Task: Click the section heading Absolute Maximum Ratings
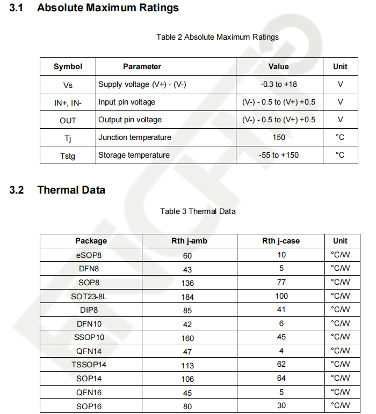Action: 108,8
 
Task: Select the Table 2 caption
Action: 218,37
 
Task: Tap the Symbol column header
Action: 68,66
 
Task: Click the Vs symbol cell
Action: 68,85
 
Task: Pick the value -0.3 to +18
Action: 278,85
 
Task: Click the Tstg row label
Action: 68,156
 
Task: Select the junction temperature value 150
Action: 279,137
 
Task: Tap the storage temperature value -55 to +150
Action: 278,155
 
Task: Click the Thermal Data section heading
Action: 71,190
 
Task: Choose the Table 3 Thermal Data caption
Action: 198,211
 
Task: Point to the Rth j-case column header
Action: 281,241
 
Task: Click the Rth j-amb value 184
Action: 187,297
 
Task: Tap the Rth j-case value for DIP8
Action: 281,309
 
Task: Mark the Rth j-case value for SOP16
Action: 281,405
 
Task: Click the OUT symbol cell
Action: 68,120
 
